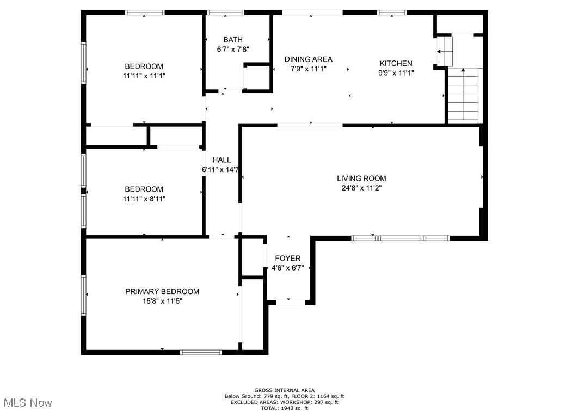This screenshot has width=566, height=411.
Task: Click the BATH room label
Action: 233,40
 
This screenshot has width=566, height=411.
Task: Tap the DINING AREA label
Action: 309,59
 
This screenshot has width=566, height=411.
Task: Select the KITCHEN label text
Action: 396,63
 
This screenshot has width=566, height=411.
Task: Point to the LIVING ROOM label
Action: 361,178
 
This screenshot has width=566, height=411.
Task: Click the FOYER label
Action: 287,258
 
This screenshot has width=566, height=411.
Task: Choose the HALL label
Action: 222,160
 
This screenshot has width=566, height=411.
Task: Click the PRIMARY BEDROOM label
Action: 162,291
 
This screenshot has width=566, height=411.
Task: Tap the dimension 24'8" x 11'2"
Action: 361,188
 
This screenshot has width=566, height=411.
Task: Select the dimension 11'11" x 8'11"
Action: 144,199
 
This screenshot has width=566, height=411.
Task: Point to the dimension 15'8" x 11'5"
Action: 162,301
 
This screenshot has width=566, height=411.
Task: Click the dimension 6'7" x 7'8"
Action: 233,50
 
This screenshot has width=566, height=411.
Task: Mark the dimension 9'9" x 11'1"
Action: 396,73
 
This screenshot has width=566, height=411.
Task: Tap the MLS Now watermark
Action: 26,403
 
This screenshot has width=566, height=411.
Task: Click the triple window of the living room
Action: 400,238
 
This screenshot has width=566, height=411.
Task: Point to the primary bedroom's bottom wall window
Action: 201,352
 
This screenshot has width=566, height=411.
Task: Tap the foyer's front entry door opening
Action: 291,302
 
